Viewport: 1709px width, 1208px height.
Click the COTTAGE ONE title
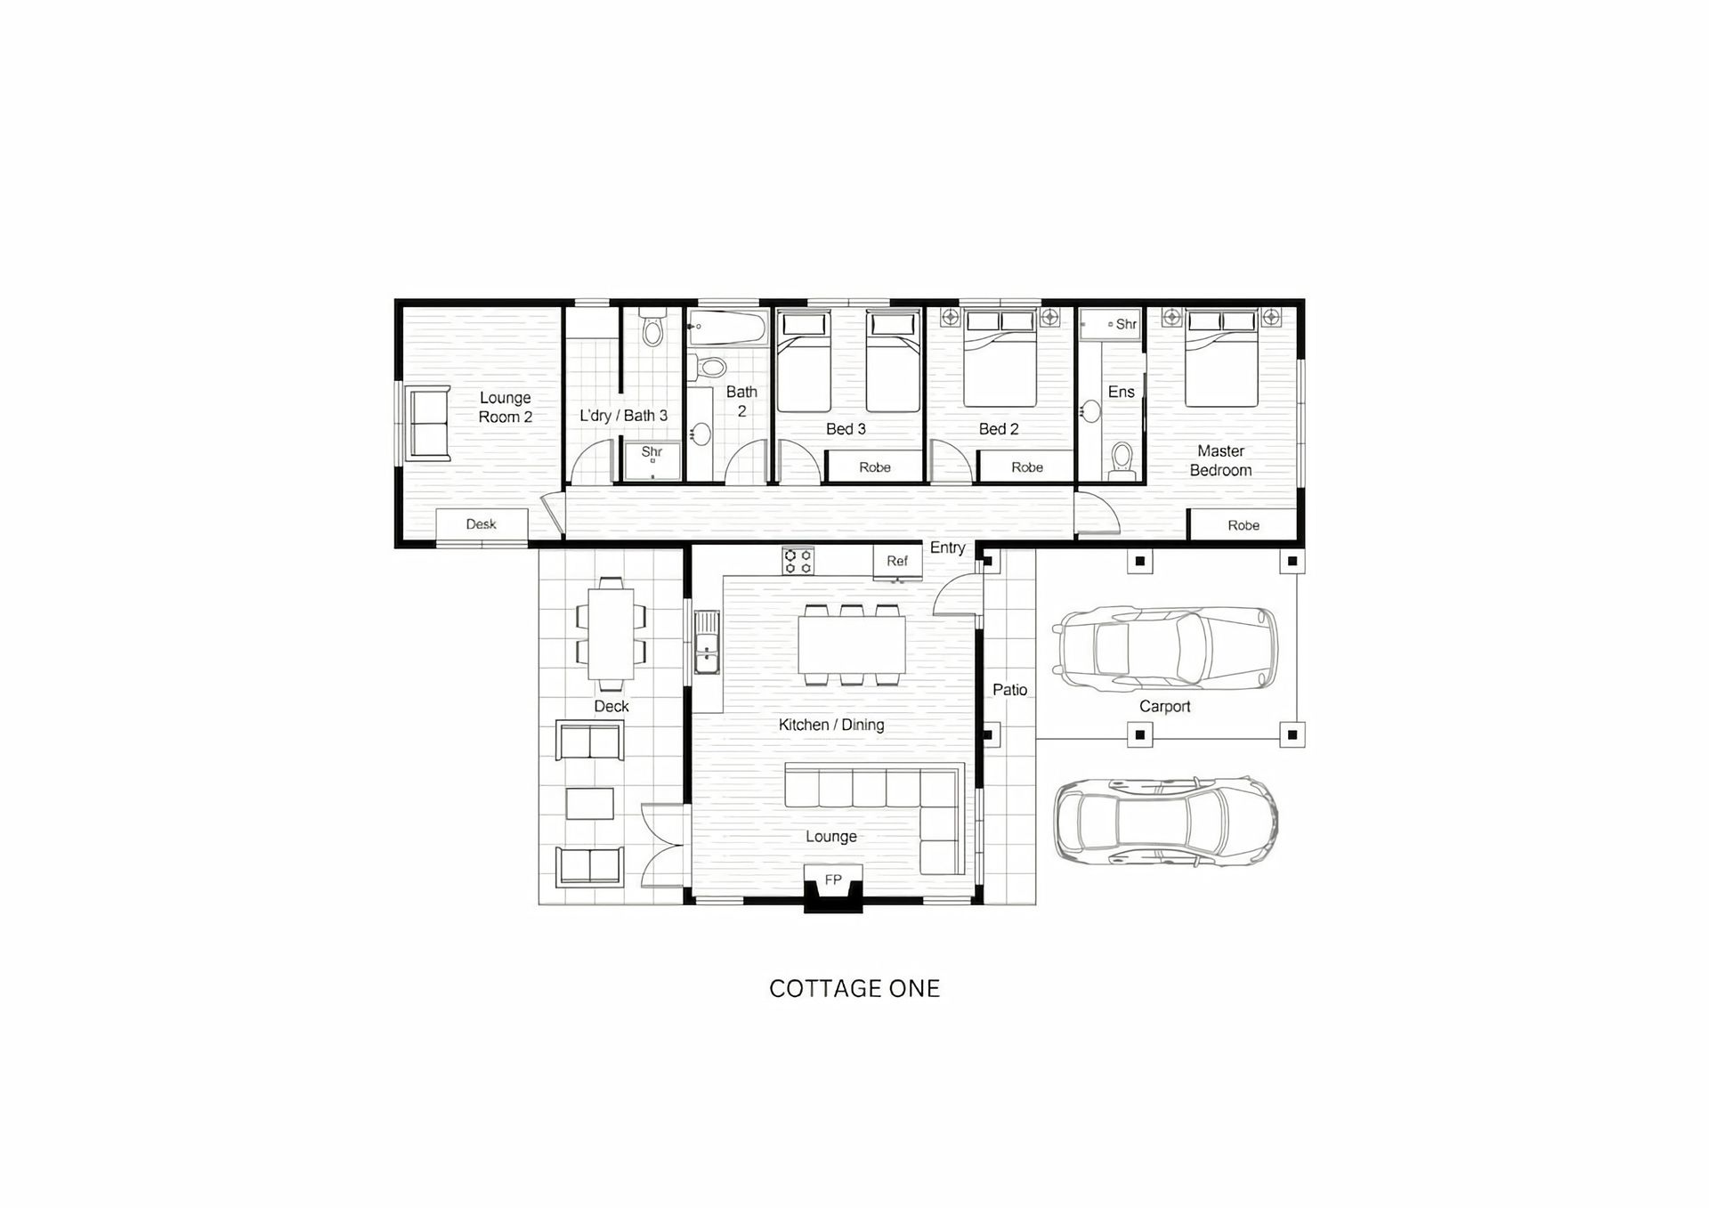[854, 989]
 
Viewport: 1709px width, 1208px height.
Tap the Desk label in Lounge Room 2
[481, 524]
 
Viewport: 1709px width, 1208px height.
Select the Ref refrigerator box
[897, 561]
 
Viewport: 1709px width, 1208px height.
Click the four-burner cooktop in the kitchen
[798, 561]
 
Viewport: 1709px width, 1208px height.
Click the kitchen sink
[707, 642]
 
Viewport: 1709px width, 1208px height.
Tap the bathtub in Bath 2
[728, 328]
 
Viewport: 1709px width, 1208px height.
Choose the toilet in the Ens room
[1122, 460]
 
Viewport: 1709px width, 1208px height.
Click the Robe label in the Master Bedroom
[1243, 525]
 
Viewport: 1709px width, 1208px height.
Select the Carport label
[1164, 707]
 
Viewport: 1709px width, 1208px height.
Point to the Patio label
[1010, 690]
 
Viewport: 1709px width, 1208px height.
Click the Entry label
[947, 547]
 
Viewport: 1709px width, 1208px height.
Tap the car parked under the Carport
[1165, 650]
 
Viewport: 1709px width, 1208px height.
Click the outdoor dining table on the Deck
[611, 634]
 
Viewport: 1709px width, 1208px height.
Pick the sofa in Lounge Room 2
[428, 423]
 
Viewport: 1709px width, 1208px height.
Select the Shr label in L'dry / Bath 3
[652, 452]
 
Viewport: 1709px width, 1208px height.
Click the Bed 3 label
[846, 429]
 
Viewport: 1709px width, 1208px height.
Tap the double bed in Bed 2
[1000, 358]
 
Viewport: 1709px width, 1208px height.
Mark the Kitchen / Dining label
[831, 726]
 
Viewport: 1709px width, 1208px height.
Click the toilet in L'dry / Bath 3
[652, 328]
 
